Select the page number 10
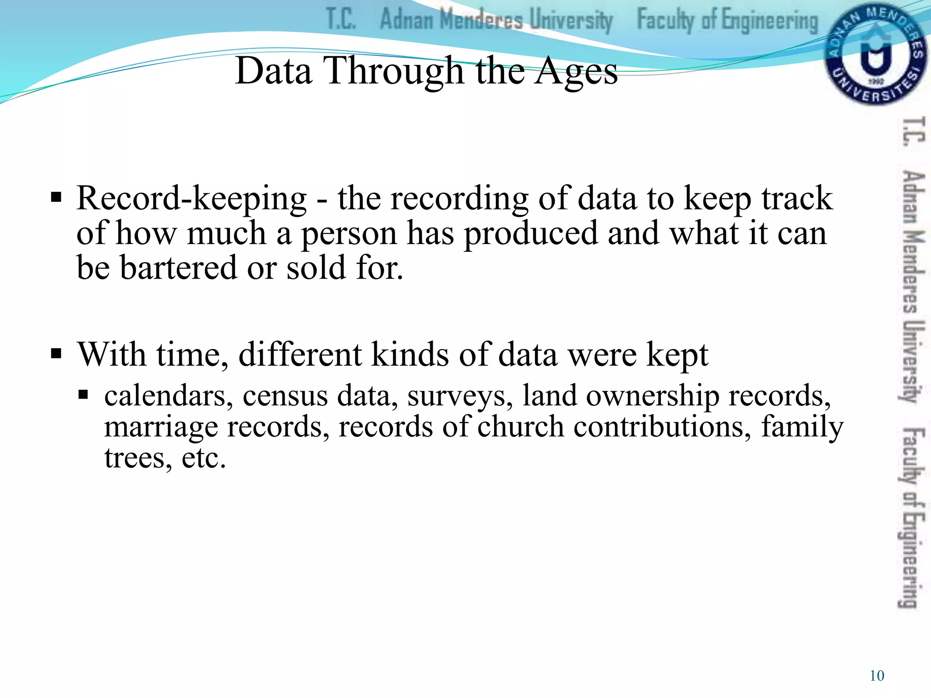[877, 676]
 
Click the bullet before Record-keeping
[56, 198]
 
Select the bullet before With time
[56, 354]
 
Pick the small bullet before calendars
[83, 394]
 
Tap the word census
[285, 396]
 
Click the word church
[521, 427]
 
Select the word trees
[138, 458]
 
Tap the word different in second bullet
[300, 354]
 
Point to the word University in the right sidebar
[913, 362]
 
